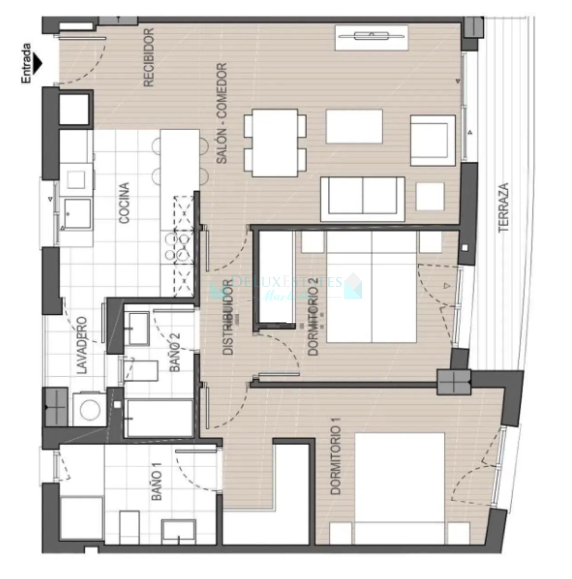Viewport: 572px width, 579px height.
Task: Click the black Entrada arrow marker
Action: click(x=37, y=63)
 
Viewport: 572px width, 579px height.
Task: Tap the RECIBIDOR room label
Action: click(x=149, y=57)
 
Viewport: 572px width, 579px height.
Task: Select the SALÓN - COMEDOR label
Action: click(x=222, y=114)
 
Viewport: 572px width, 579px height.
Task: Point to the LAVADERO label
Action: click(x=82, y=345)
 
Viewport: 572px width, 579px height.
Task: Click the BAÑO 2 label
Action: click(x=175, y=352)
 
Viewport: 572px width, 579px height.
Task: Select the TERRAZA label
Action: click(x=503, y=207)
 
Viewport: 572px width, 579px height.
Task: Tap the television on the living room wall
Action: click(x=371, y=36)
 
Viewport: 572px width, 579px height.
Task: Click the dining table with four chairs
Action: click(x=275, y=143)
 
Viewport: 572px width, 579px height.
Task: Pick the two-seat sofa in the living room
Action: click(x=363, y=199)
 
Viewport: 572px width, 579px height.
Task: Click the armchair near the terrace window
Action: click(x=433, y=140)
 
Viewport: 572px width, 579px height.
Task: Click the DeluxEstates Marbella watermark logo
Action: click(x=286, y=286)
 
